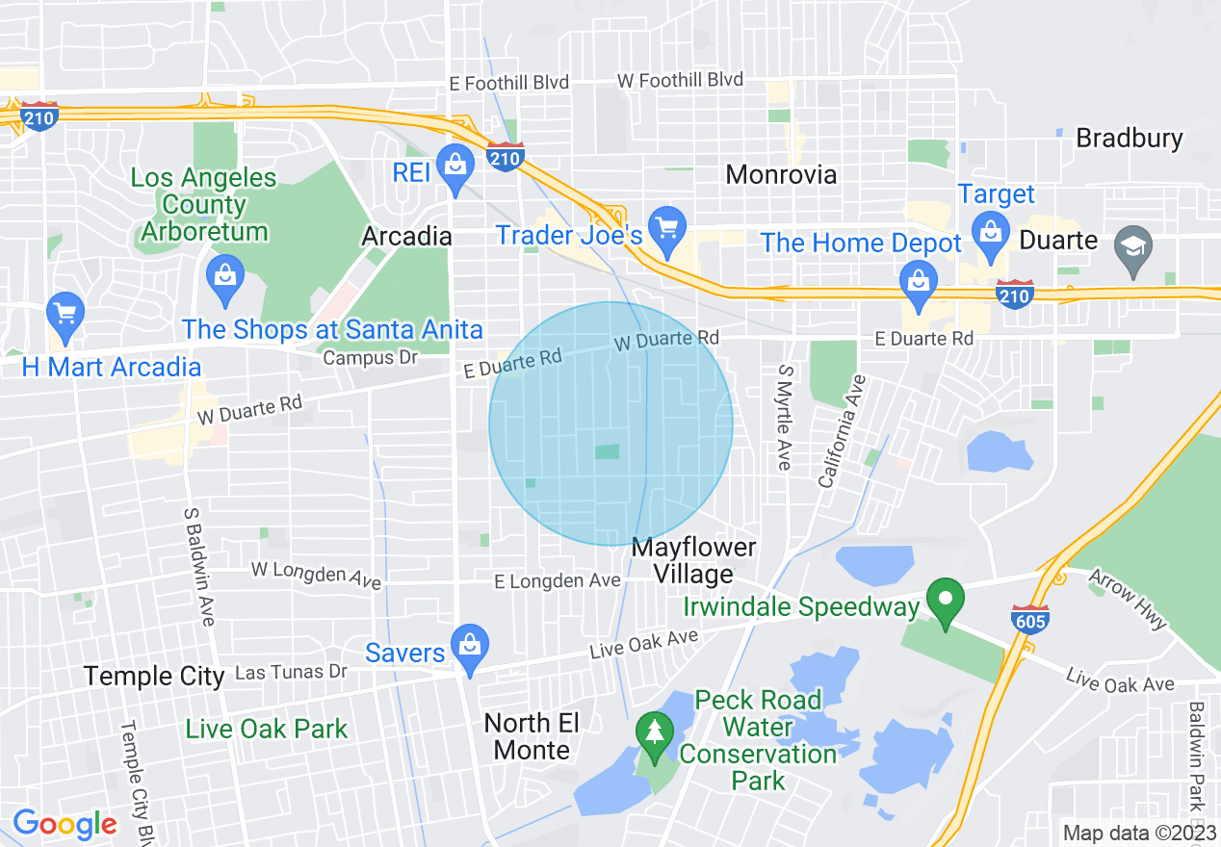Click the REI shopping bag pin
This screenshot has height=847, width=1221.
(x=455, y=165)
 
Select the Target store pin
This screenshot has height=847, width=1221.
(x=989, y=231)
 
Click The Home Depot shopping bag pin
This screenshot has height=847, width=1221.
(x=919, y=281)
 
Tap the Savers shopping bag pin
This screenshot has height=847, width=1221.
(x=469, y=644)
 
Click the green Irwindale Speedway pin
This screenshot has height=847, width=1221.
(x=946, y=600)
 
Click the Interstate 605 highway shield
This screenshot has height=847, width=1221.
(x=1029, y=617)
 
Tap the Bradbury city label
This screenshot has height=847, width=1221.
(x=1129, y=139)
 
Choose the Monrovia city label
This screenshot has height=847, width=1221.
(x=781, y=174)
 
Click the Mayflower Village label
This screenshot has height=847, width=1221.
(x=693, y=561)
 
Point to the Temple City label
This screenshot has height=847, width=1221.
(x=154, y=676)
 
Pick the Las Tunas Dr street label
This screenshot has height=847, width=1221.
(x=291, y=671)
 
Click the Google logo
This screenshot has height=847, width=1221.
(x=65, y=824)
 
